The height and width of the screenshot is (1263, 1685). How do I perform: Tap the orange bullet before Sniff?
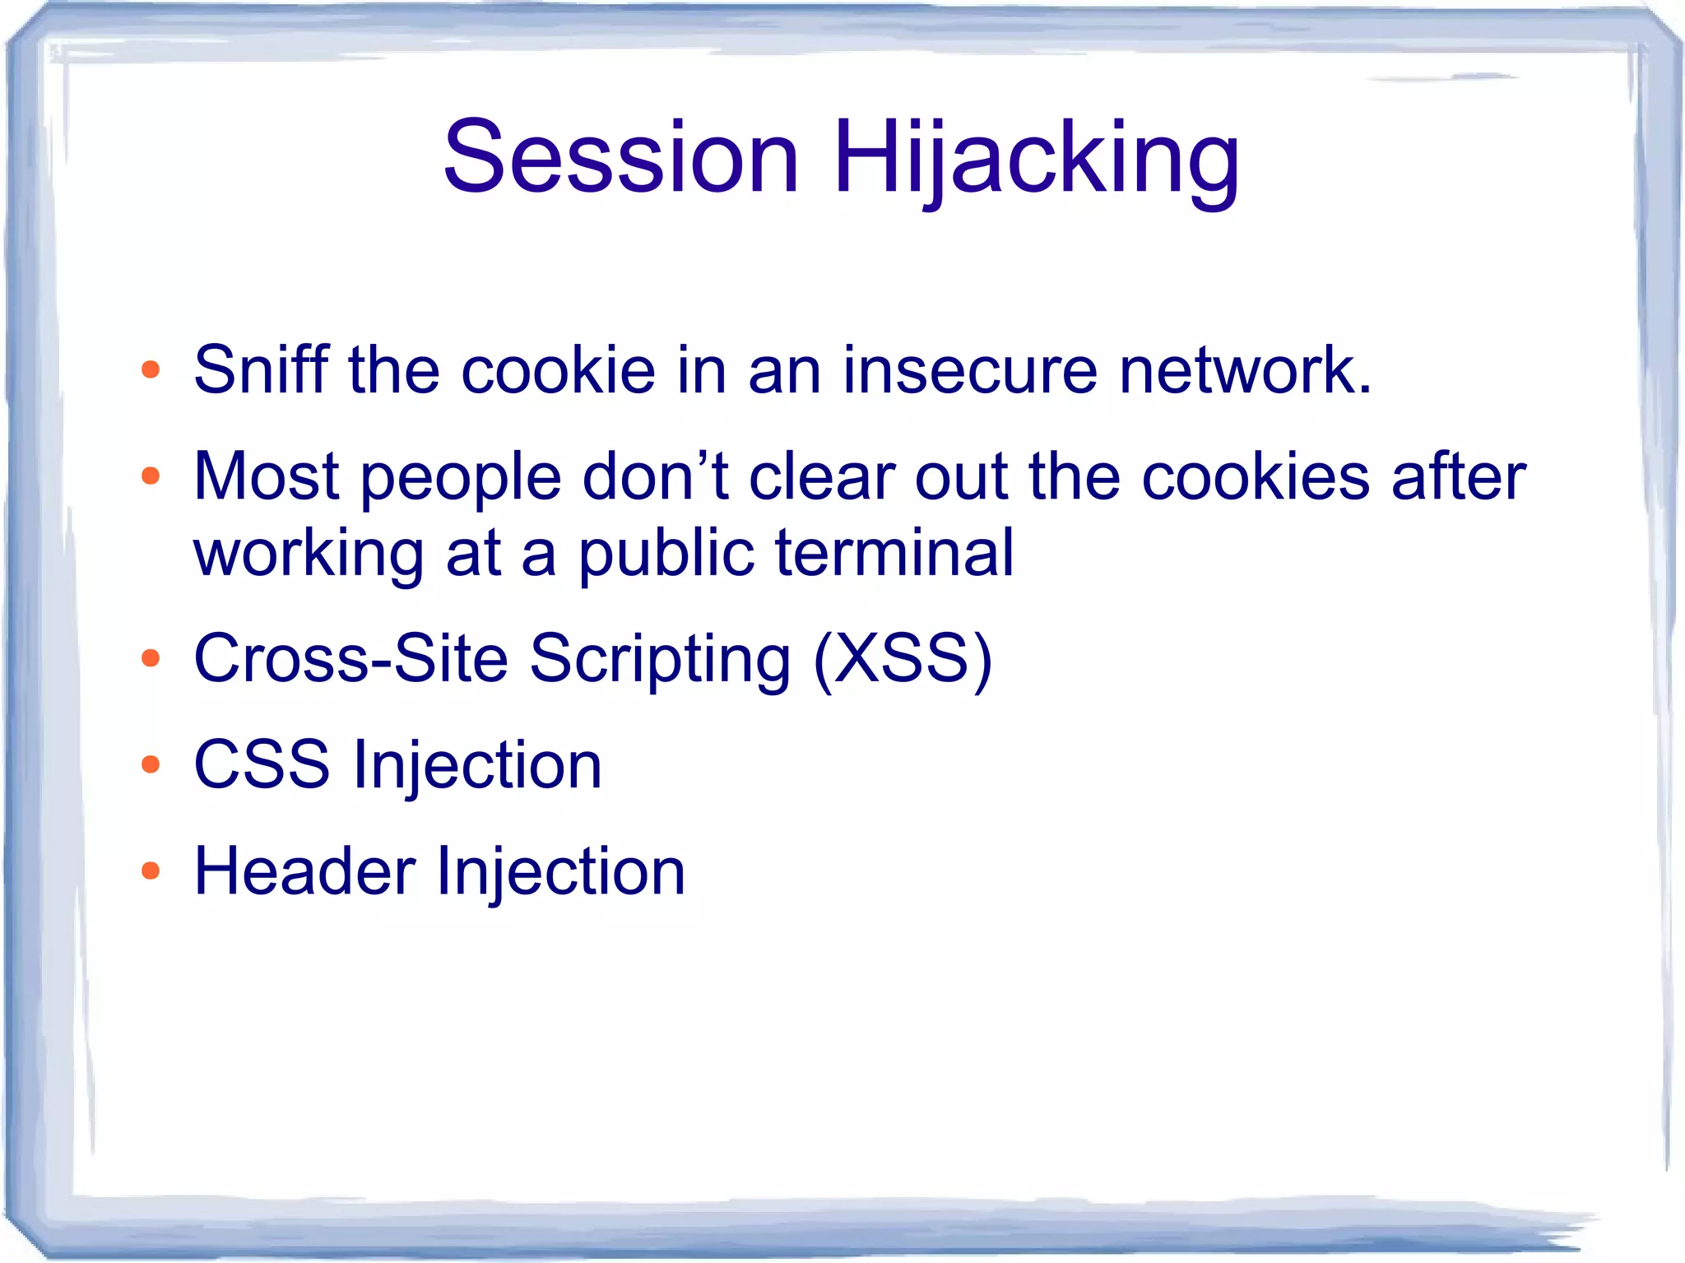click(150, 370)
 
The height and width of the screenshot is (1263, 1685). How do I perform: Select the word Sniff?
click(261, 370)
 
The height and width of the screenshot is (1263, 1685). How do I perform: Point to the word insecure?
click(970, 370)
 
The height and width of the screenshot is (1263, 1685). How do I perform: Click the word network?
click(1245, 370)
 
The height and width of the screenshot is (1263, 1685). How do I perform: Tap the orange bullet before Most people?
click(150, 476)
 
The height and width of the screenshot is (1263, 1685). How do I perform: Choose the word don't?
click(655, 477)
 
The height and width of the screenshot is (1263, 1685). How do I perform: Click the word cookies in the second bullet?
click(1256, 477)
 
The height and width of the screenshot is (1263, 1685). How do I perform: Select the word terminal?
click(894, 553)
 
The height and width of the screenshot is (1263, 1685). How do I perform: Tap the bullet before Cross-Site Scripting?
click(150, 658)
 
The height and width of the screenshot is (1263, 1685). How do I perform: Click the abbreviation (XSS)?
click(903, 660)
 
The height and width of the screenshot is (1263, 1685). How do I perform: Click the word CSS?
click(262, 765)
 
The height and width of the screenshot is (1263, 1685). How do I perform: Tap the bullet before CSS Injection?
click(150, 765)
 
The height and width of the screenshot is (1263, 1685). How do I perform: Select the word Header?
click(304, 872)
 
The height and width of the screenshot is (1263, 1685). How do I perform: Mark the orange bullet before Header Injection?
click(150, 871)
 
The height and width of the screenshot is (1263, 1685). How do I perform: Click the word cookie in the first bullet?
click(558, 370)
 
